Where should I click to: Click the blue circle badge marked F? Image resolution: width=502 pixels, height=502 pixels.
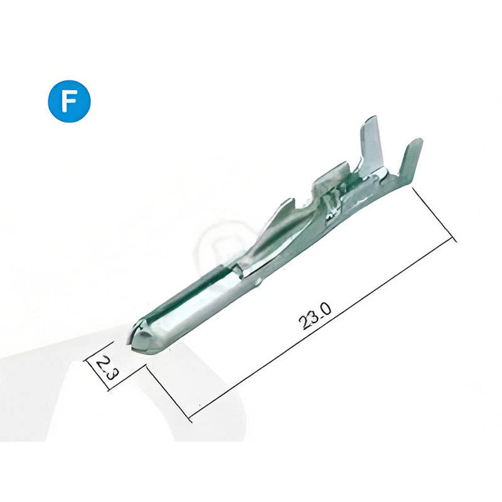pos(70,101)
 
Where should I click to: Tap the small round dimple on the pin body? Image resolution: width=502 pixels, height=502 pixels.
pos(259,282)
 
